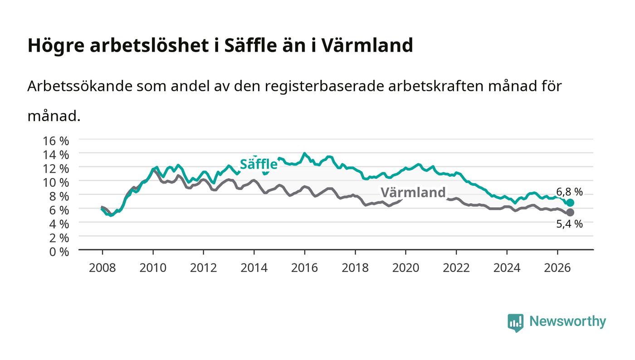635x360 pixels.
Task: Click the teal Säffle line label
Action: click(x=259, y=164)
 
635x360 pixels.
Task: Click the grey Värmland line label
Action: click(x=413, y=193)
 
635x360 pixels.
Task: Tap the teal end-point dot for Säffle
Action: click(x=570, y=203)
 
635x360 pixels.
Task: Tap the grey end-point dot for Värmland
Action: click(x=570, y=213)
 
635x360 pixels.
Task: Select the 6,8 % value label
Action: click(x=569, y=192)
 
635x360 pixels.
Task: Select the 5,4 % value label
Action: click(x=569, y=224)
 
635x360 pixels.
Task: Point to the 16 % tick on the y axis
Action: click(x=55, y=141)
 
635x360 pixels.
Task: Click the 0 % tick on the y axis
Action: click(x=59, y=252)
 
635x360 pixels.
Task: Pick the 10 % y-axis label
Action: click(x=55, y=183)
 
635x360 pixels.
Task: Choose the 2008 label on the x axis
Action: click(x=103, y=268)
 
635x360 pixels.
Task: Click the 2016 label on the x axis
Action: click(x=304, y=268)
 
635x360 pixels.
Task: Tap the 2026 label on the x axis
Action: click(x=557, y=268)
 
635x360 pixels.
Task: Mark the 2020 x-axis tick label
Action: click(x=405, y=268)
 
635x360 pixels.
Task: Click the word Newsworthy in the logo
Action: click(x=567, y=321)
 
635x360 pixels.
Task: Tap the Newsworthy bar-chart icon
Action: click(x=515, y=323)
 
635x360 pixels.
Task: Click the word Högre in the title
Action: click(x=56, y=46)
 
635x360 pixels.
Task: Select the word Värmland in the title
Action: click(x=367, y=45)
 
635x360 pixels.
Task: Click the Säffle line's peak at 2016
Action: click(x=304, y=153)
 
